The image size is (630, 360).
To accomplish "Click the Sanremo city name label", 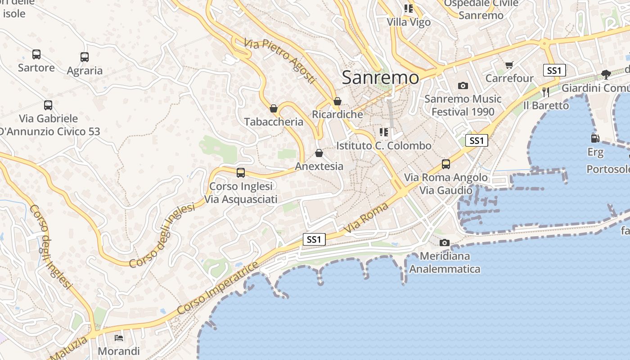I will click(380, 77).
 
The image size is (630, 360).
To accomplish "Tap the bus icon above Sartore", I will click(36, 54).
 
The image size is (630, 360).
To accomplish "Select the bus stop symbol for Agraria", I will click(85, 57).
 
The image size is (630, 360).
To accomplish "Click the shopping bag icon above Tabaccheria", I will click(273, 108).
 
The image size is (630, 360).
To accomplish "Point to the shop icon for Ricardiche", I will click(337, 101).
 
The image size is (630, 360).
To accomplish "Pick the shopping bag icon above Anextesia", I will click(319, 153).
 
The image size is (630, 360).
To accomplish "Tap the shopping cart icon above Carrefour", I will click(509, 65).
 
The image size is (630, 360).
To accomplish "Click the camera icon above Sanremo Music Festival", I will click(463, 85).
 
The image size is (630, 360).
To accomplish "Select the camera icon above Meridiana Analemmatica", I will click(444, 243).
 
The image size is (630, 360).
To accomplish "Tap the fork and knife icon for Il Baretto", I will click(546, 92).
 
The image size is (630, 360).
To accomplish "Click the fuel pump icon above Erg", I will click(595, 139).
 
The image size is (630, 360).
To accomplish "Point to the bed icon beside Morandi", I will click(119, 337).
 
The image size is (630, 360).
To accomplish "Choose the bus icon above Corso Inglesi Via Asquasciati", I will click(241, 172).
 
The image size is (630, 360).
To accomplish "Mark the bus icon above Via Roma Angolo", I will click(445, 164).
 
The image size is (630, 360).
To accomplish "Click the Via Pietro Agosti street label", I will click(280, 61).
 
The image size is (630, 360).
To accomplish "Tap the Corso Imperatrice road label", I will click(218, 288).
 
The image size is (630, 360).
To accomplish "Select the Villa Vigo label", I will click(409, 22).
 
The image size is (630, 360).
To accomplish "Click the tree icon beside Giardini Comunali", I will click(606, 74).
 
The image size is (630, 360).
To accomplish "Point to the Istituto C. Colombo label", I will click(384, 146).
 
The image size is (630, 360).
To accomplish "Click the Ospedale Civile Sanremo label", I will click(481, 9).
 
